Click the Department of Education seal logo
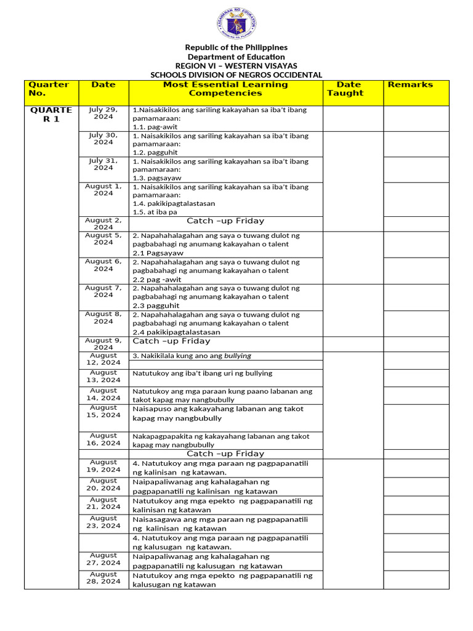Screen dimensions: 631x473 [x=236, y=24]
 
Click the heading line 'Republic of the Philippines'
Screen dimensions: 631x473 [x=236, y=47]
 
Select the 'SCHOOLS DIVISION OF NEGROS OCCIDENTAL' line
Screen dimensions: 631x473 [x=236, y=75]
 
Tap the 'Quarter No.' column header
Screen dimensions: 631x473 [x=49, y=89]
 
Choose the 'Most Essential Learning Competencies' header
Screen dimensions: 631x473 [x=225, y=89]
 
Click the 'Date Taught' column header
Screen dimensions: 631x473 [x=349, y=89]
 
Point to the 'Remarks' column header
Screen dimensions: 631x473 [x=410, y=84]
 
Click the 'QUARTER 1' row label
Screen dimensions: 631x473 [x=52, y=114]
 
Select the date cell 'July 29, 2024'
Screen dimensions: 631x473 [x=103, y=113]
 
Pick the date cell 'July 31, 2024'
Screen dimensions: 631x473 [x=103, y=164]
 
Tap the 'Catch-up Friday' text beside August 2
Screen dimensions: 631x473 [x=225, y=221]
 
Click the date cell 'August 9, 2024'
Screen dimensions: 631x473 [x=103, y=343]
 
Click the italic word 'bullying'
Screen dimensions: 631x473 [x=238, y=356]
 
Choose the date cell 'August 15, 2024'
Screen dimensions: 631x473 [x=103, y=411]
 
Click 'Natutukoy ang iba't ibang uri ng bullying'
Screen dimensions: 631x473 [x=203, y=373]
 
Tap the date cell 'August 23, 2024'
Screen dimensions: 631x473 [x=103, y=522]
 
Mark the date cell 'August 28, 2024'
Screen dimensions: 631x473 [x=103, y=577]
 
